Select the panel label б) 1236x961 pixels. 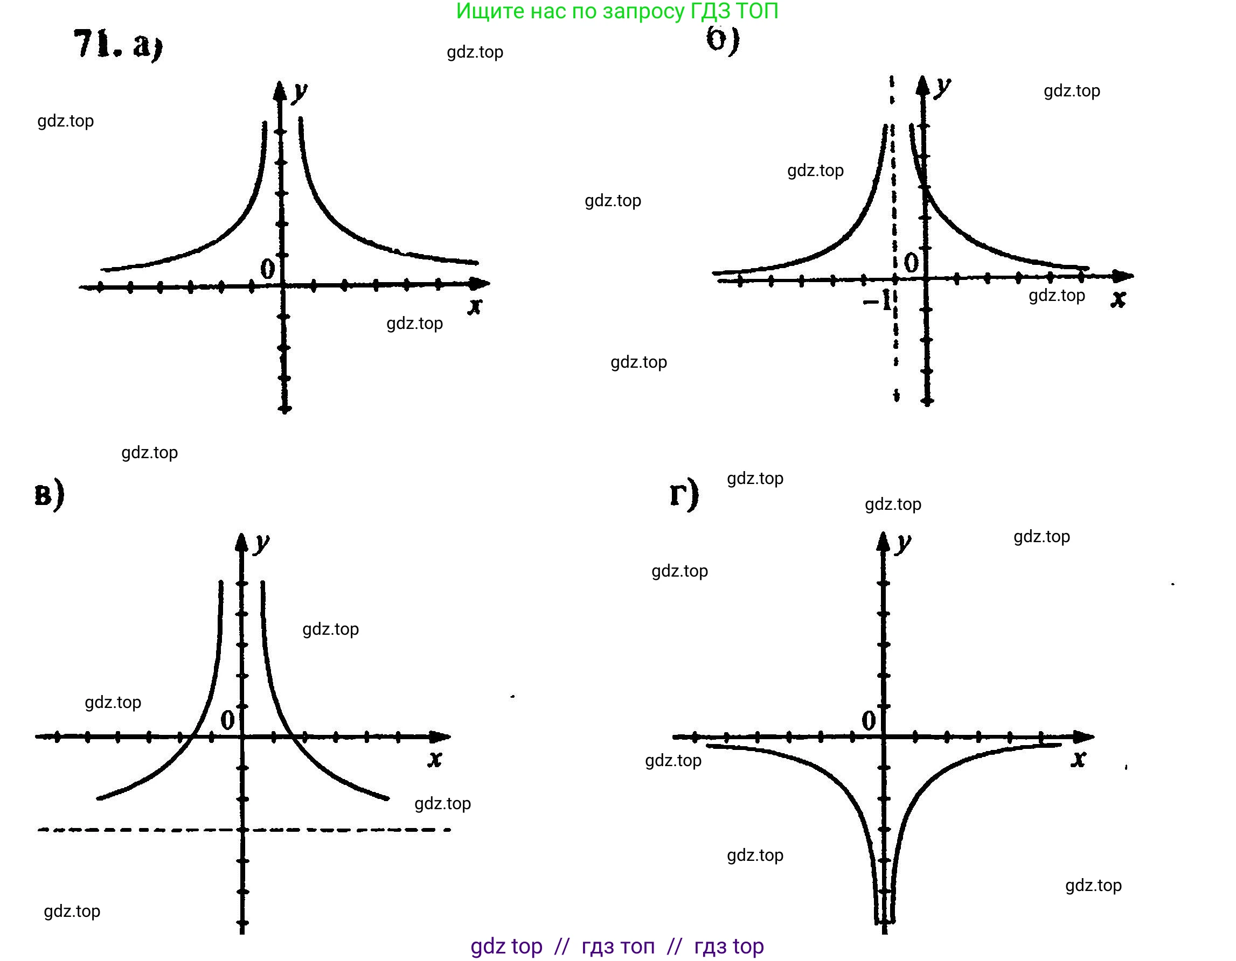coord(723,40)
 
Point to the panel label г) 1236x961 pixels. coord(684,494)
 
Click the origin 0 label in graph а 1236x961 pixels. coord(267,268)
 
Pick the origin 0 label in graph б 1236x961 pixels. coord(911,262)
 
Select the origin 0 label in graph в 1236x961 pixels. coord(227,720)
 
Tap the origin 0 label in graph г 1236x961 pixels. coord(869,720)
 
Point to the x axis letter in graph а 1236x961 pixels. coord(475,306)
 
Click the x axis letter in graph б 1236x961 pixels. coord(1117,299)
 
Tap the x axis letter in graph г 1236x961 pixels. coord(1079,759)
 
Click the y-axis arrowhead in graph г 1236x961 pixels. coord(884,541)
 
